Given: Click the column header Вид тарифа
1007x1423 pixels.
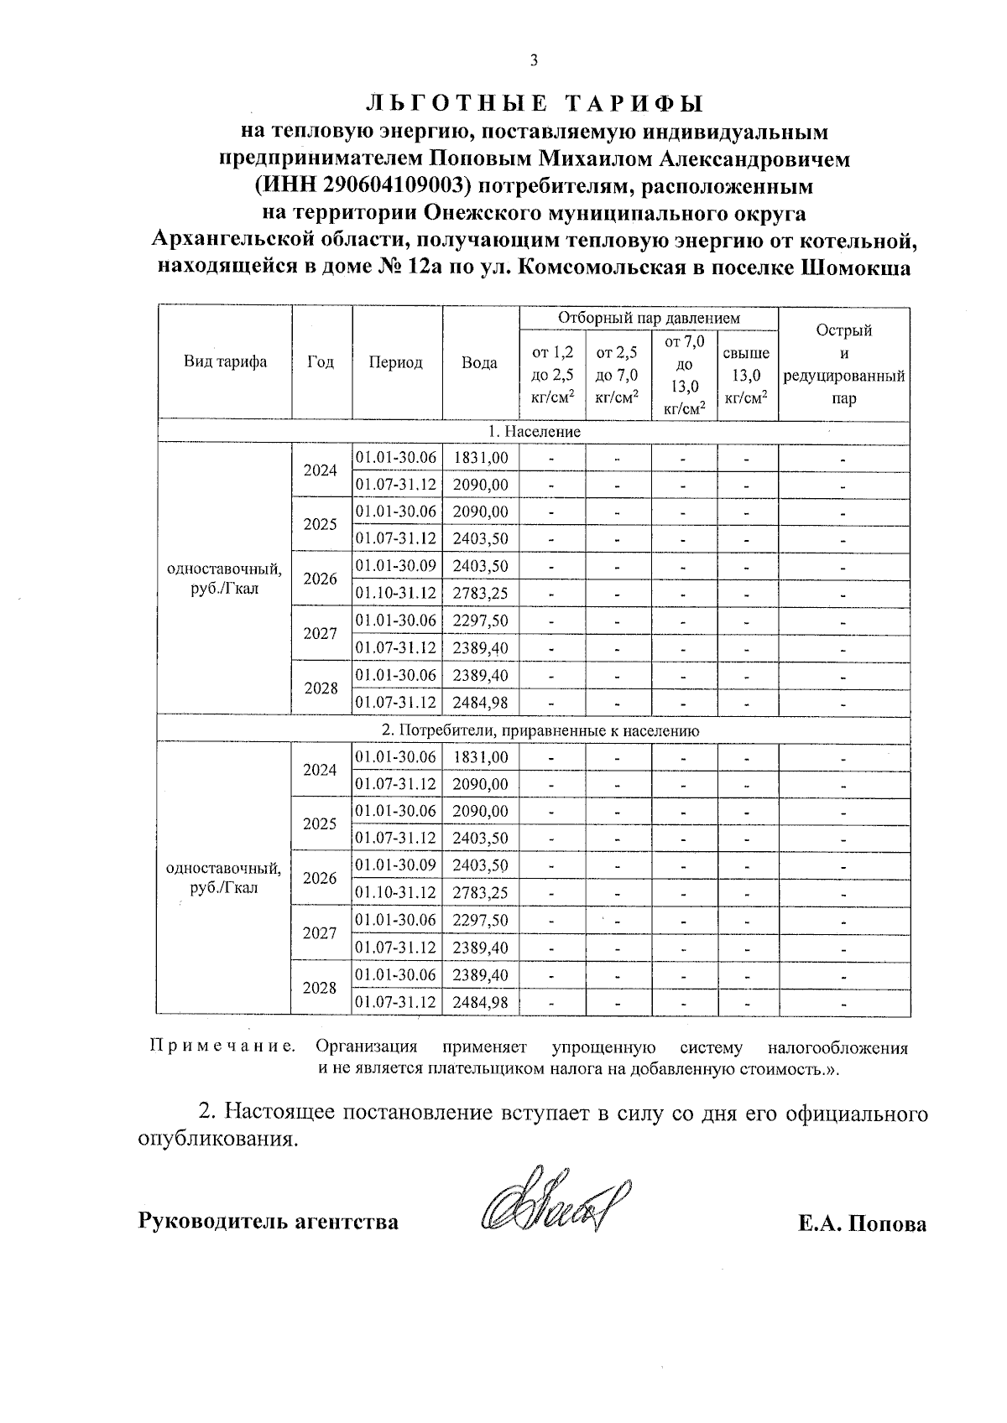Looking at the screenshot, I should [225, 362].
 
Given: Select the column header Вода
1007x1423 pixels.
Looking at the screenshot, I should [479, 363].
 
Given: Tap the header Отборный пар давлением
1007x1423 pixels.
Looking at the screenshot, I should [649, 319].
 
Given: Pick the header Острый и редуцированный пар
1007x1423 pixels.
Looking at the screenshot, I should [843, 363].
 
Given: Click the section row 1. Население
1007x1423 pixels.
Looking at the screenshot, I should [535, 431].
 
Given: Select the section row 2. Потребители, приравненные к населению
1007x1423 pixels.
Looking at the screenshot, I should [535, 730].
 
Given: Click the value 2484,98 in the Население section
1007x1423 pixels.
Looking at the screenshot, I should [480, 702].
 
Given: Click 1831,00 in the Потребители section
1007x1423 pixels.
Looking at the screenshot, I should [480, 756].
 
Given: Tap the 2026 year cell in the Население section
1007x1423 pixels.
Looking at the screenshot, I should [321, 579].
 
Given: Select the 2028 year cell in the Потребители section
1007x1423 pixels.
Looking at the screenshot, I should [321, 988].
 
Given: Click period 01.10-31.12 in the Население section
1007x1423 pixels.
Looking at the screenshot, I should [396, 593].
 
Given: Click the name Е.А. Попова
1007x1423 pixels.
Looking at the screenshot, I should [862, 1223].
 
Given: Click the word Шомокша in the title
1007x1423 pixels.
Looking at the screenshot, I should [856, 269].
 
